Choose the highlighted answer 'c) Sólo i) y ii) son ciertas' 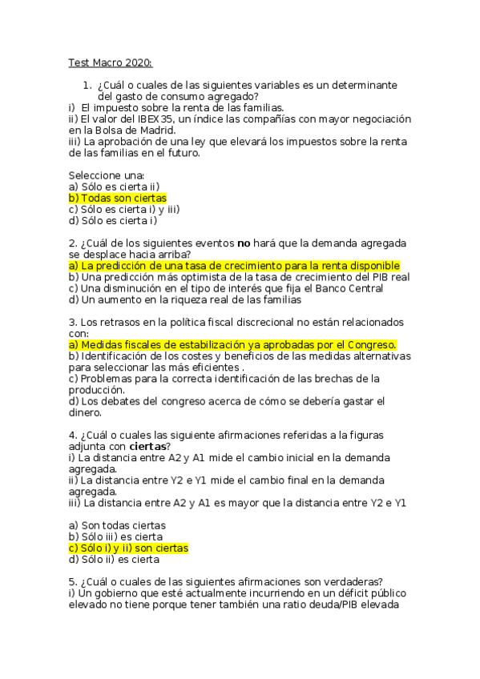[128, 548]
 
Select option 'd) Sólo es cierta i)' [113, 220]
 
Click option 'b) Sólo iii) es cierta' [116, 536]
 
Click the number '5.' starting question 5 [73, 582]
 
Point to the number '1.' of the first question [88, 86]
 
